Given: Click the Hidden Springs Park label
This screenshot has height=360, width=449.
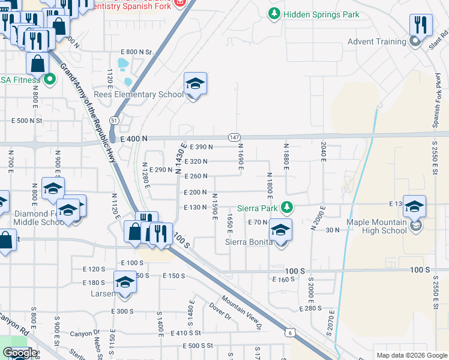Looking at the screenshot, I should click(x=321, y=14).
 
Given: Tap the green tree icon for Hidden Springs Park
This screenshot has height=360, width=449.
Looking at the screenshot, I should click(x=274, y=13).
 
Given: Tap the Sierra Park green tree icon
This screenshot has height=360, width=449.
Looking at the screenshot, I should click(x=288, y=207).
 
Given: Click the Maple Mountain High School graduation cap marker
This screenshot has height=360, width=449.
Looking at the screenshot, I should click(x=414, y=207).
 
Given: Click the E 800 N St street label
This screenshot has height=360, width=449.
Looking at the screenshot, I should click(x=137, y=52).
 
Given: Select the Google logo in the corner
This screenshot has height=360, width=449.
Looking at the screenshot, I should click(x=20, y=353).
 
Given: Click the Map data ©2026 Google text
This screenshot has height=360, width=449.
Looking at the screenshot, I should click(x=411, y=355).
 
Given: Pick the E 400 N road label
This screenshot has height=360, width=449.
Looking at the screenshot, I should click(x=133, y=139).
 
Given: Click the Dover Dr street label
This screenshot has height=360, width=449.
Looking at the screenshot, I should click(x=220, y=310).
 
